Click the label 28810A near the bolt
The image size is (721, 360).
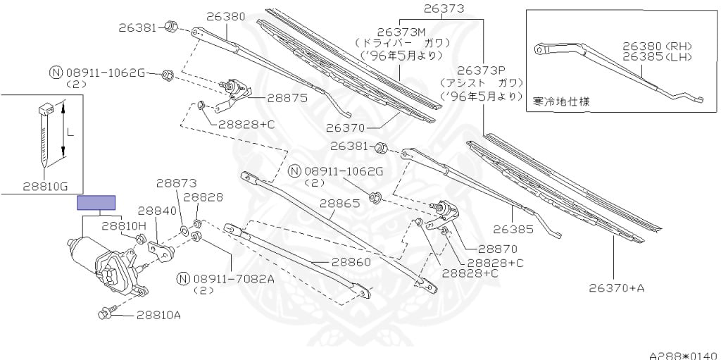point(158,314)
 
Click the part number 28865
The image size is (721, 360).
point(340,204)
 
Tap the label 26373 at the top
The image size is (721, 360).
point(444,8)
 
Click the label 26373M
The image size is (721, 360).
point(402,32)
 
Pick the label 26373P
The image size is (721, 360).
point(482,70)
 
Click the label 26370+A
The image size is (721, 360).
point(617,287)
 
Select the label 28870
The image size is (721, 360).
point(497,249)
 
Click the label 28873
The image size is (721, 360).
point(176,182)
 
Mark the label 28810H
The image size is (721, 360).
point(123,225)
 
